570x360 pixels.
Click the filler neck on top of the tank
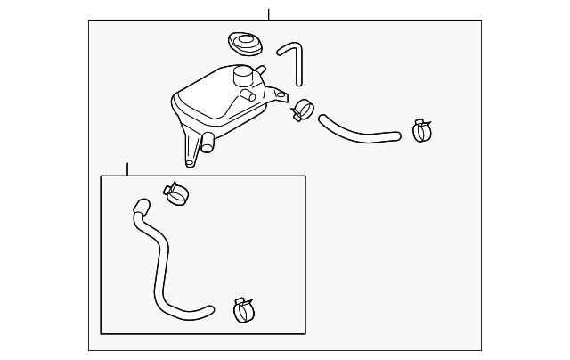(x=243, y=77)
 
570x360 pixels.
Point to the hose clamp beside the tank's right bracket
(x=303, y=110)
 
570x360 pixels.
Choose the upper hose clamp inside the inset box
(x=177, y=192)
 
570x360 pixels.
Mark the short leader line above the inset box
(x=127, y=168)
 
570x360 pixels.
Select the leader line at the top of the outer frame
(x=268, y=15)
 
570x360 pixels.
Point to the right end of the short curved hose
(x=395, y=136)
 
